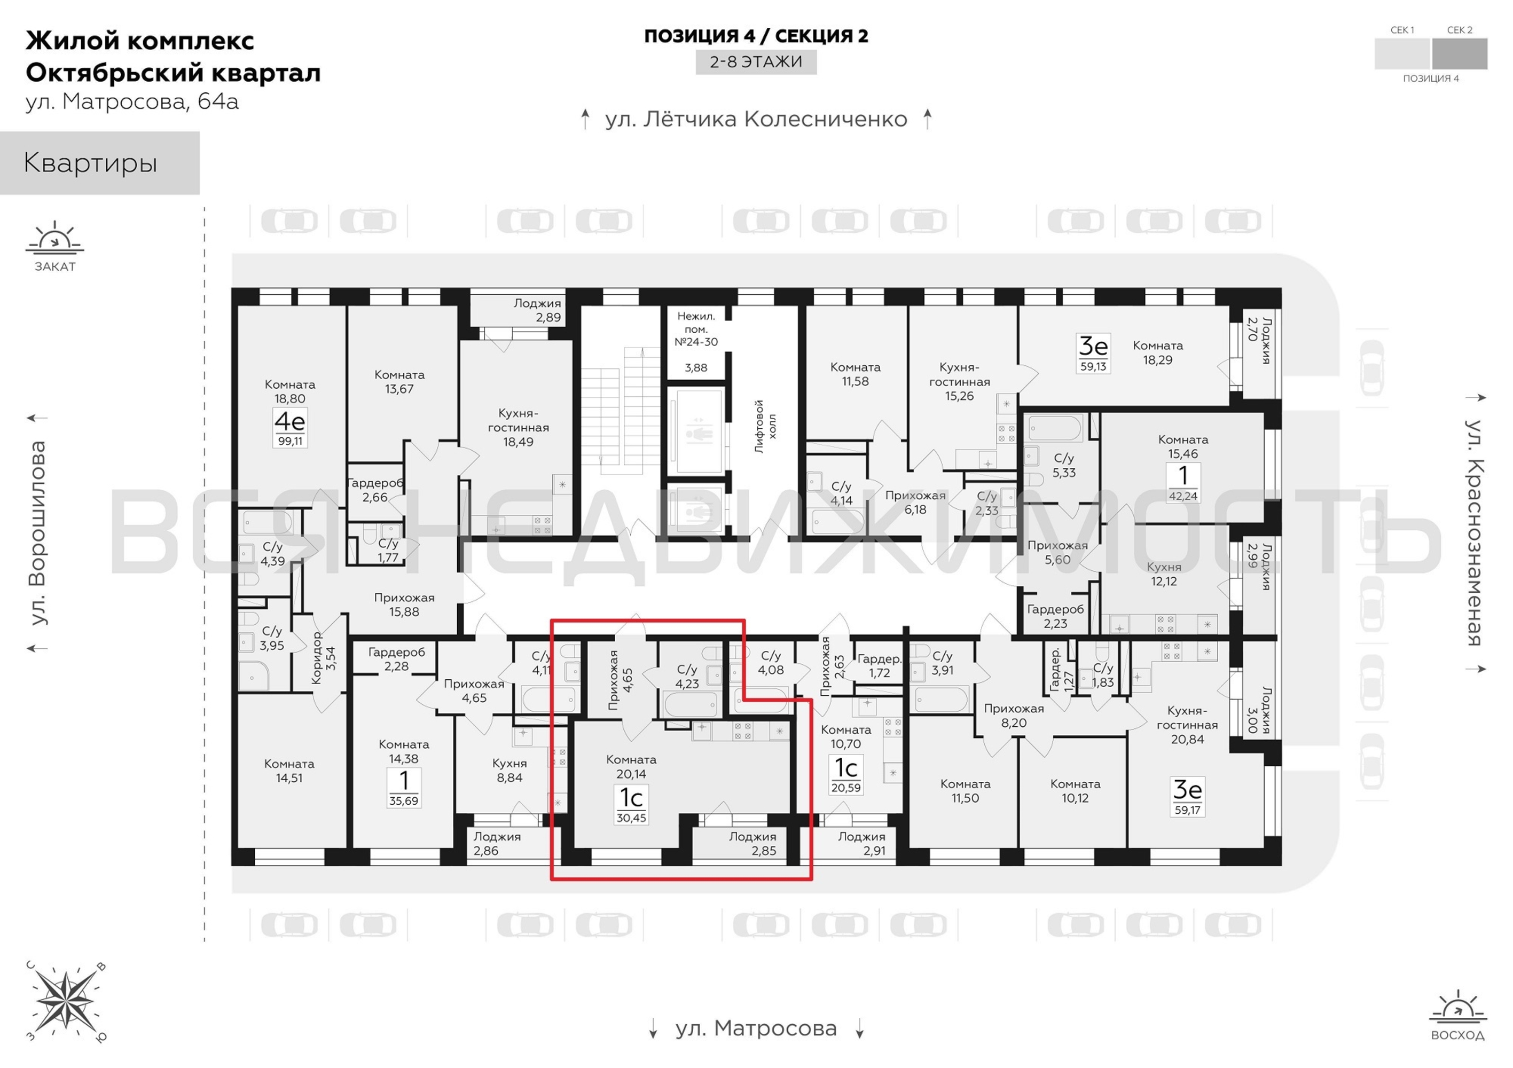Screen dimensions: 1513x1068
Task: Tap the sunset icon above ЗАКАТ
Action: point(54,239)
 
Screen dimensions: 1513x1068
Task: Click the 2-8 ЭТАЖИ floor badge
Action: point(756,62)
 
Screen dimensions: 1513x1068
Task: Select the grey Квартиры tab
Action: point(99,163)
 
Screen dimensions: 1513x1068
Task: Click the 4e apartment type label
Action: point(290,420)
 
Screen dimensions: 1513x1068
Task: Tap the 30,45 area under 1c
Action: point(631,818)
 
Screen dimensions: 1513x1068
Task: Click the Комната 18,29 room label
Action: point(1158,352)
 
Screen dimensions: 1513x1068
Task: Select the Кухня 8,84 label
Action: point(509,770)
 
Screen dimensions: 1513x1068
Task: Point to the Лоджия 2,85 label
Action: point(752,843)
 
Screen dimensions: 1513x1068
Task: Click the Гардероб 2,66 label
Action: point(375,490)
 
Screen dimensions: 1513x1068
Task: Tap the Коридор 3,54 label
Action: point(323,657)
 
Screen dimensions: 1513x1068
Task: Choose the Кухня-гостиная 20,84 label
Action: point(1187,725)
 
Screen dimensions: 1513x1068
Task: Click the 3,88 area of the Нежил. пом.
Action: point(696,367)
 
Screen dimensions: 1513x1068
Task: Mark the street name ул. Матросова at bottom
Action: point(756,1028)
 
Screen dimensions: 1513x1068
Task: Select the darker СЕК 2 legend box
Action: point(1460,53)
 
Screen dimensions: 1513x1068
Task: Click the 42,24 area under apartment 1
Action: point(1183,496)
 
